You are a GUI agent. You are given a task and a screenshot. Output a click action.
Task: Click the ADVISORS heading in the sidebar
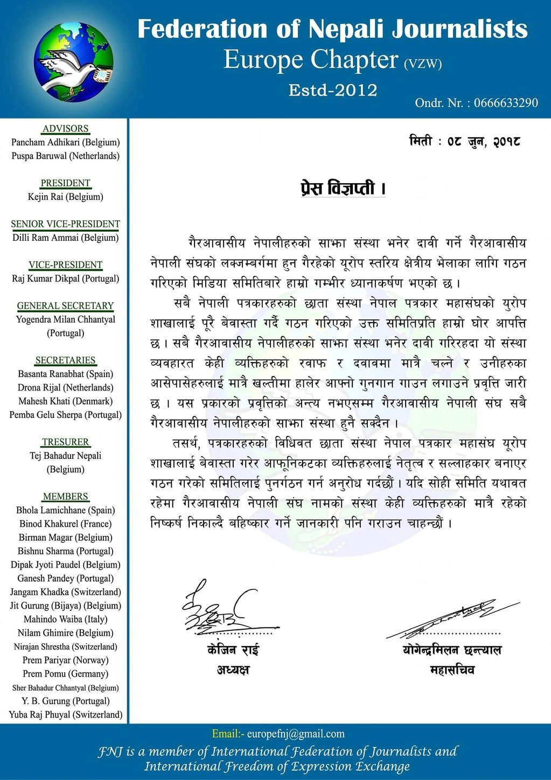click(x=66, y=129)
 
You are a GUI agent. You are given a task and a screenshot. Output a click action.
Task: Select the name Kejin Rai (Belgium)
click(x=66, y=197)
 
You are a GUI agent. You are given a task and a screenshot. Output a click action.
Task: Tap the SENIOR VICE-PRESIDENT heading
click(x=66, y=224)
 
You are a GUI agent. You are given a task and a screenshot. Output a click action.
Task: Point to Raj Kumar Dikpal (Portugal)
click(x=66, y=278)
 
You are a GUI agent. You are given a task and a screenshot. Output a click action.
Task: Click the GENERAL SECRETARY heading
click(x=66, y=306)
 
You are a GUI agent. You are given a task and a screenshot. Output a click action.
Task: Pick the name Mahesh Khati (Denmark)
click(x=66, y=401)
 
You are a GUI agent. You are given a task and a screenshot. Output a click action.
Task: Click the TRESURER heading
click(x=66, y=442)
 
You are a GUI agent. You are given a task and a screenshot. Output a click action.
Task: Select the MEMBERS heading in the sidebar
click(x=66, y=497)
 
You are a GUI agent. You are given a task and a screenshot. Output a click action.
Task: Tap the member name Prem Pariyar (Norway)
click(x=66, y=660)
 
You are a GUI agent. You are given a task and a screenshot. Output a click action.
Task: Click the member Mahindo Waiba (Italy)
click(x=66, y=619)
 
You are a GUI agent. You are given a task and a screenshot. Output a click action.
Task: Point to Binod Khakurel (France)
click(x=66, y=524)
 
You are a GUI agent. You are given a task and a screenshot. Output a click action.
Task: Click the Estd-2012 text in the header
click(x=333, y=90)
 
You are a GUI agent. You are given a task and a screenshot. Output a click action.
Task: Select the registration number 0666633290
click(x=506, y=103)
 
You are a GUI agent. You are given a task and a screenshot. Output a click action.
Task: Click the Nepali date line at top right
click(x=464, y=142)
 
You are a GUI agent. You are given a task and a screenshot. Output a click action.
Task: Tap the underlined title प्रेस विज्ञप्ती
click(x=343, y=189)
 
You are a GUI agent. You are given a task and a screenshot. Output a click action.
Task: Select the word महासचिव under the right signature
click(x=452, y=671)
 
